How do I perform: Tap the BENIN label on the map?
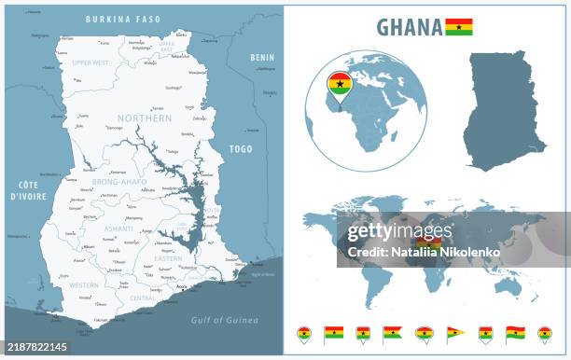coord(262,58)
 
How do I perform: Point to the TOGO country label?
coord(241,148)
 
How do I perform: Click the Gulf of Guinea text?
coord(224,320)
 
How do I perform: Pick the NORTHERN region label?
coord(145,119)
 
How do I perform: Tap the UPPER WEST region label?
coord(90,62)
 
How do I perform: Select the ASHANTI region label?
coord(118,228)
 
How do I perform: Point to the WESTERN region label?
coord(84,284)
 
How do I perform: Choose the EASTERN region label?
coord(168,258)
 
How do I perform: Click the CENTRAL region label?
coord(142,298)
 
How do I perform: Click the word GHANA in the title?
coord(410,27)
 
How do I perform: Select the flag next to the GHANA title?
coord(459,26)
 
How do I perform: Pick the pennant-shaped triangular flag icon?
coord(454,332)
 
